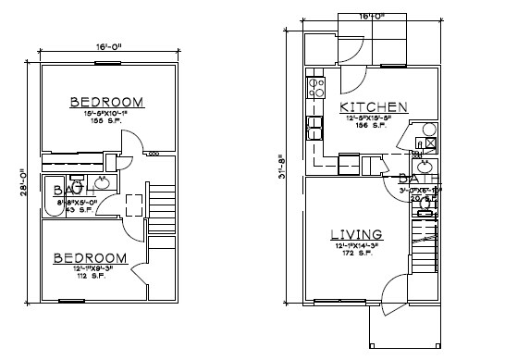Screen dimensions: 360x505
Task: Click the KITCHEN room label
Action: [x=374, y=107]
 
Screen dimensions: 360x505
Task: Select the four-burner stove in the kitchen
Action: [x=315, y=88]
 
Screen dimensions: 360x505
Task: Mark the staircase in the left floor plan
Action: [x=162, y=200]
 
